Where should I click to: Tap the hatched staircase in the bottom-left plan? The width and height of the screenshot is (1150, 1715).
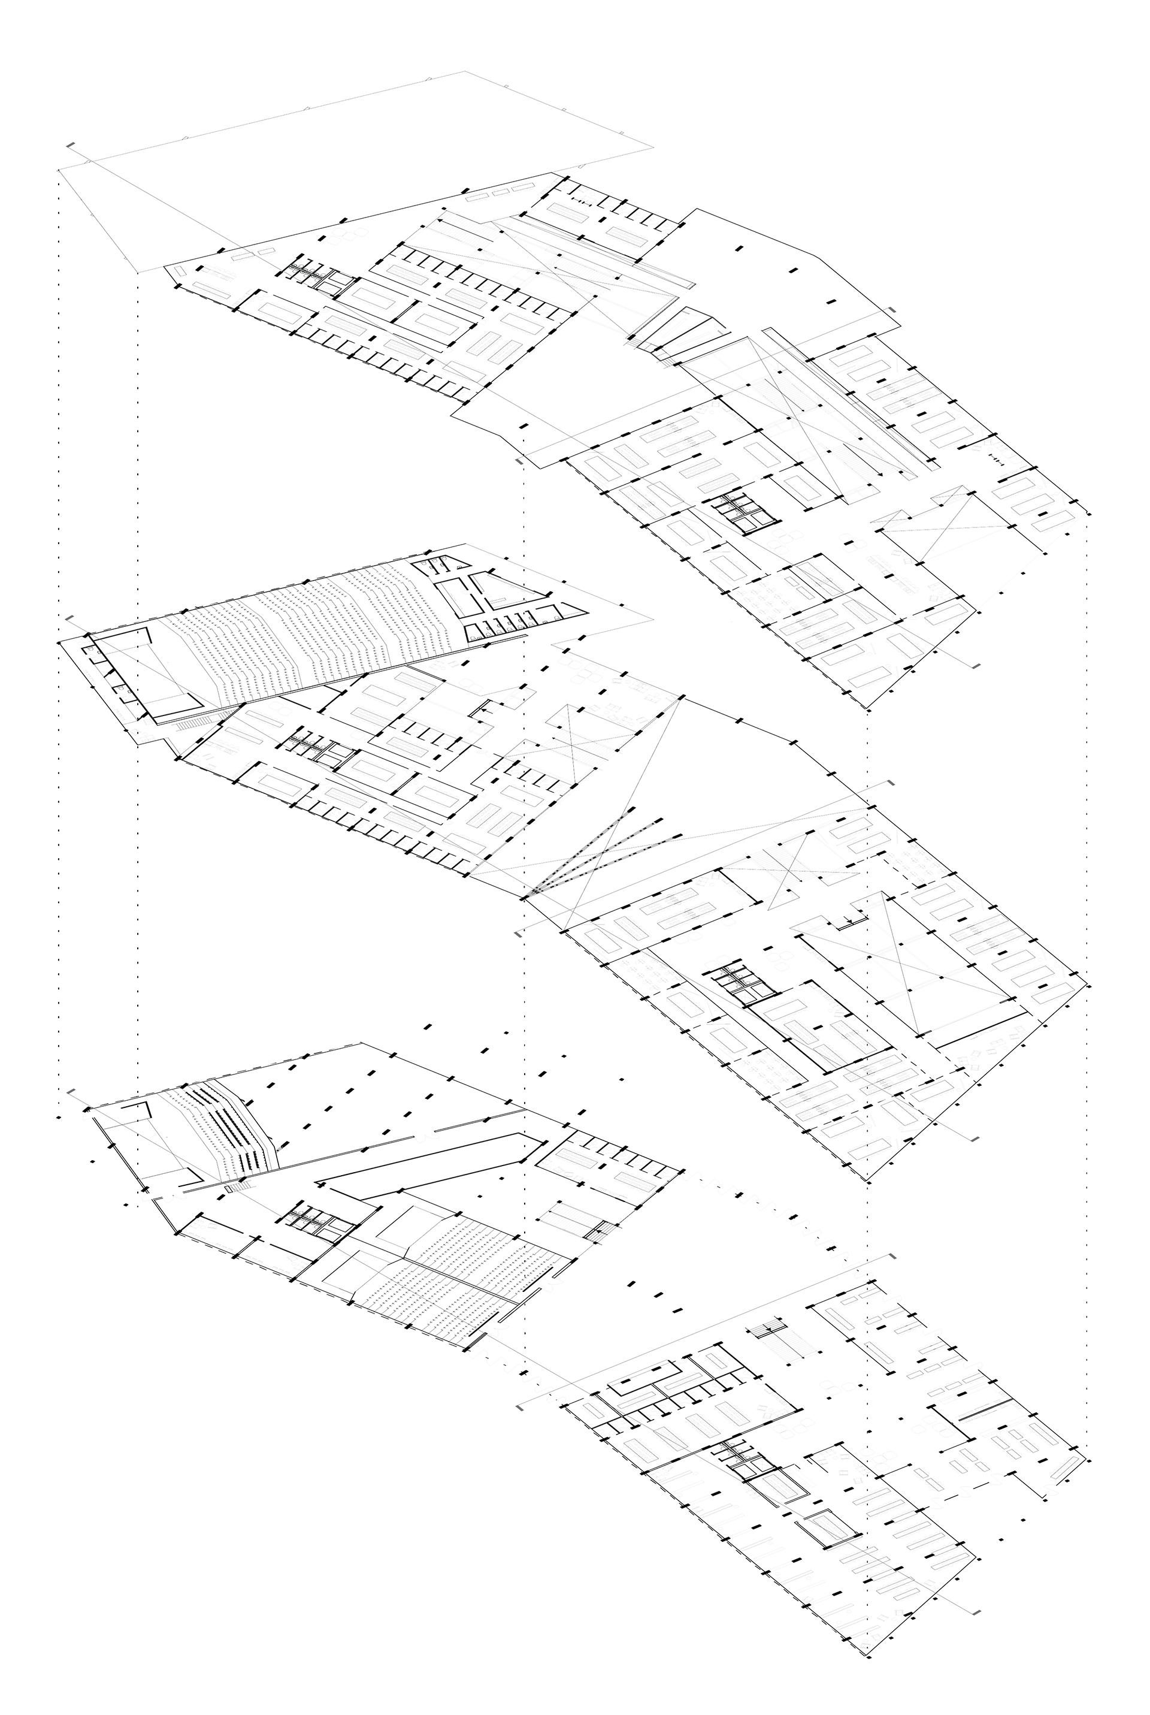coord(576,1218)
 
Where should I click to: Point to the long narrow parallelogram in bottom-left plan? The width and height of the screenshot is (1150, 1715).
coord(425,1159)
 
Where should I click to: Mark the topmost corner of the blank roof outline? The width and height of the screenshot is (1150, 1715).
coord(465,72)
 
